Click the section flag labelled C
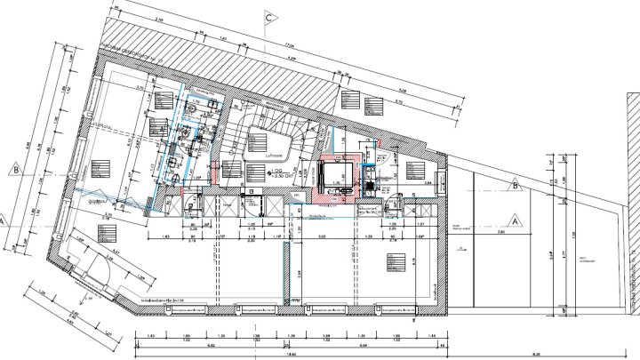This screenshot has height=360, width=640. pos(268,17)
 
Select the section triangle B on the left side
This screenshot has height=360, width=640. pos(17,165)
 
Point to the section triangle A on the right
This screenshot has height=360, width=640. pos(513,219)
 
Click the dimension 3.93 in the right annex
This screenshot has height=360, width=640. pos(500,232)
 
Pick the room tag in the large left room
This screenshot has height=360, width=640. pos(98,166)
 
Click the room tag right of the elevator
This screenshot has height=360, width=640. pos(414,169)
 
